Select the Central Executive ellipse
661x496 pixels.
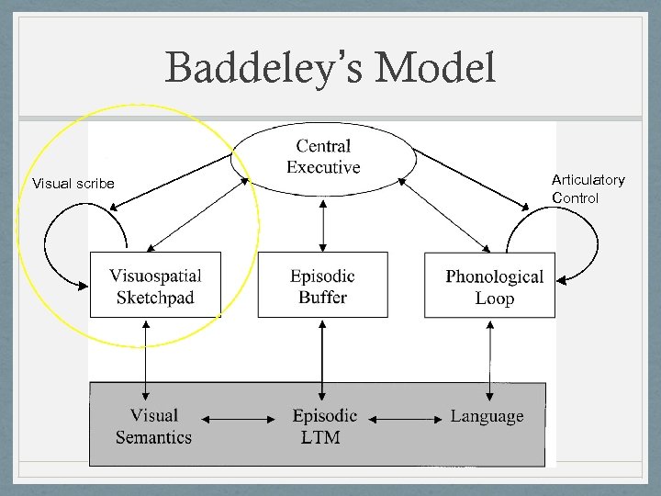(323, 157)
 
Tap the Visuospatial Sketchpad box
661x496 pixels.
(155, 286)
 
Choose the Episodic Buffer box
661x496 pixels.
(322, 286)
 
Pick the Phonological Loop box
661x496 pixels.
(490, 287)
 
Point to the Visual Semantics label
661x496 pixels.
(153, 427)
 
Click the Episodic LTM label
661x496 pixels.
(324, 427)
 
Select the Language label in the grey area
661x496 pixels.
(487, 417)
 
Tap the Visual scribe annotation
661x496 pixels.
(73, 184)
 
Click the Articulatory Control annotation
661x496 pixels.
(588, 189)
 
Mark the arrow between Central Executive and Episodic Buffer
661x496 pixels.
(322, 224)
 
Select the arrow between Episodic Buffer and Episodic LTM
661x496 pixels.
(322, 349)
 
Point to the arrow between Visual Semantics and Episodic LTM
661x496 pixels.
(240, 420)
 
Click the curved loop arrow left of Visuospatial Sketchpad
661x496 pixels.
(52, 243)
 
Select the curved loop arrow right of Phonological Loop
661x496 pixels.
(592, 243)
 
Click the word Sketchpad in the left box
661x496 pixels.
(155, 298)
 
